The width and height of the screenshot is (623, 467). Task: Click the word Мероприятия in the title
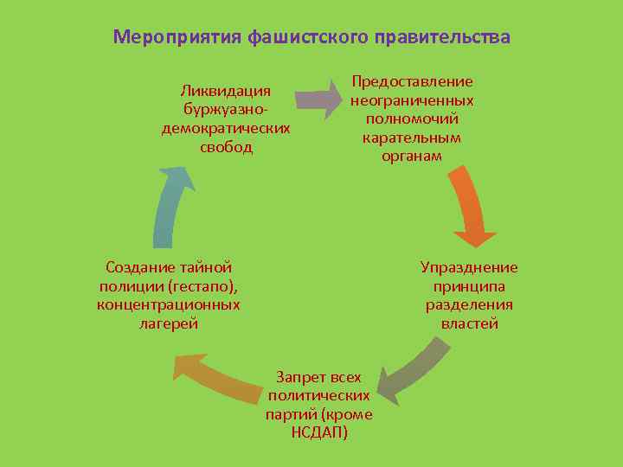pos(177,37)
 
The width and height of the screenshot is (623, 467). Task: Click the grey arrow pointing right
pos(319,99)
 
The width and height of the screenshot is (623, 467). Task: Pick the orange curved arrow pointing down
pos(468,207)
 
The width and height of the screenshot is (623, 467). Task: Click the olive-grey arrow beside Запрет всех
pos(410,370)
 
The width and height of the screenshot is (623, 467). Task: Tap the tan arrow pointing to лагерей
pos(216,379)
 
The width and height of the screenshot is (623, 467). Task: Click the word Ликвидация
pos(226,91)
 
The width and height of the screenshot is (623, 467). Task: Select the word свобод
pos(226,147)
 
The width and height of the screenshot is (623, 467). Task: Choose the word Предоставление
pos(412,81)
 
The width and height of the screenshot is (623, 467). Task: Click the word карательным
pos(412,138)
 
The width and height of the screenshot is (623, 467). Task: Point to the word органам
pos(412,157)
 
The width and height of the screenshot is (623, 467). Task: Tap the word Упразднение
pos(469,267)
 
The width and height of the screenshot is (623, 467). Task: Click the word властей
pos(469,324)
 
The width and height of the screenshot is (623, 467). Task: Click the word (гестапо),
pos(203,285)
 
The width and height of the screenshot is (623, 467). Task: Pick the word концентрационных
pos(169,304)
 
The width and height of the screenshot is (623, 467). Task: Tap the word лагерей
pos(169,323)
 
